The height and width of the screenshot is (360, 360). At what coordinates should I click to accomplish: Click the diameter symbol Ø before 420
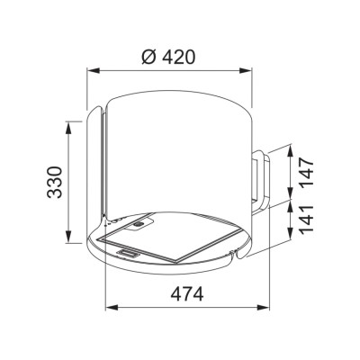pyautogui.click(x=149, y=57)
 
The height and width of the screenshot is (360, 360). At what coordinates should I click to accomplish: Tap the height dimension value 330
pyautogui.click(x=55, y=182)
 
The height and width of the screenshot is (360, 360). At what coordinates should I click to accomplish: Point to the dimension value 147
pyautogui.click(x=307, y=174)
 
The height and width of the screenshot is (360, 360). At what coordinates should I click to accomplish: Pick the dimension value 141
pyautogui.click(x=307, y=220)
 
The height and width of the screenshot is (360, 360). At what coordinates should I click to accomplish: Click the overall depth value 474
pyautogui.click(x=187, y=294)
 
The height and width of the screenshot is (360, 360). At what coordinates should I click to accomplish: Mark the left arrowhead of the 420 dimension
pyautogui.click(x=94, y=71)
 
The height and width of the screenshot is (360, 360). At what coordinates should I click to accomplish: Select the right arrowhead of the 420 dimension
pyautogui.click(x=245, y=71)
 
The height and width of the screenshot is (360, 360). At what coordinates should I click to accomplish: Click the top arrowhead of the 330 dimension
pyautogui.click(x=69, y=128)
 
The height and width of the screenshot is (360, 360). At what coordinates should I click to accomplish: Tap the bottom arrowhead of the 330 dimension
pyautogui.click(x=69, y=237)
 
